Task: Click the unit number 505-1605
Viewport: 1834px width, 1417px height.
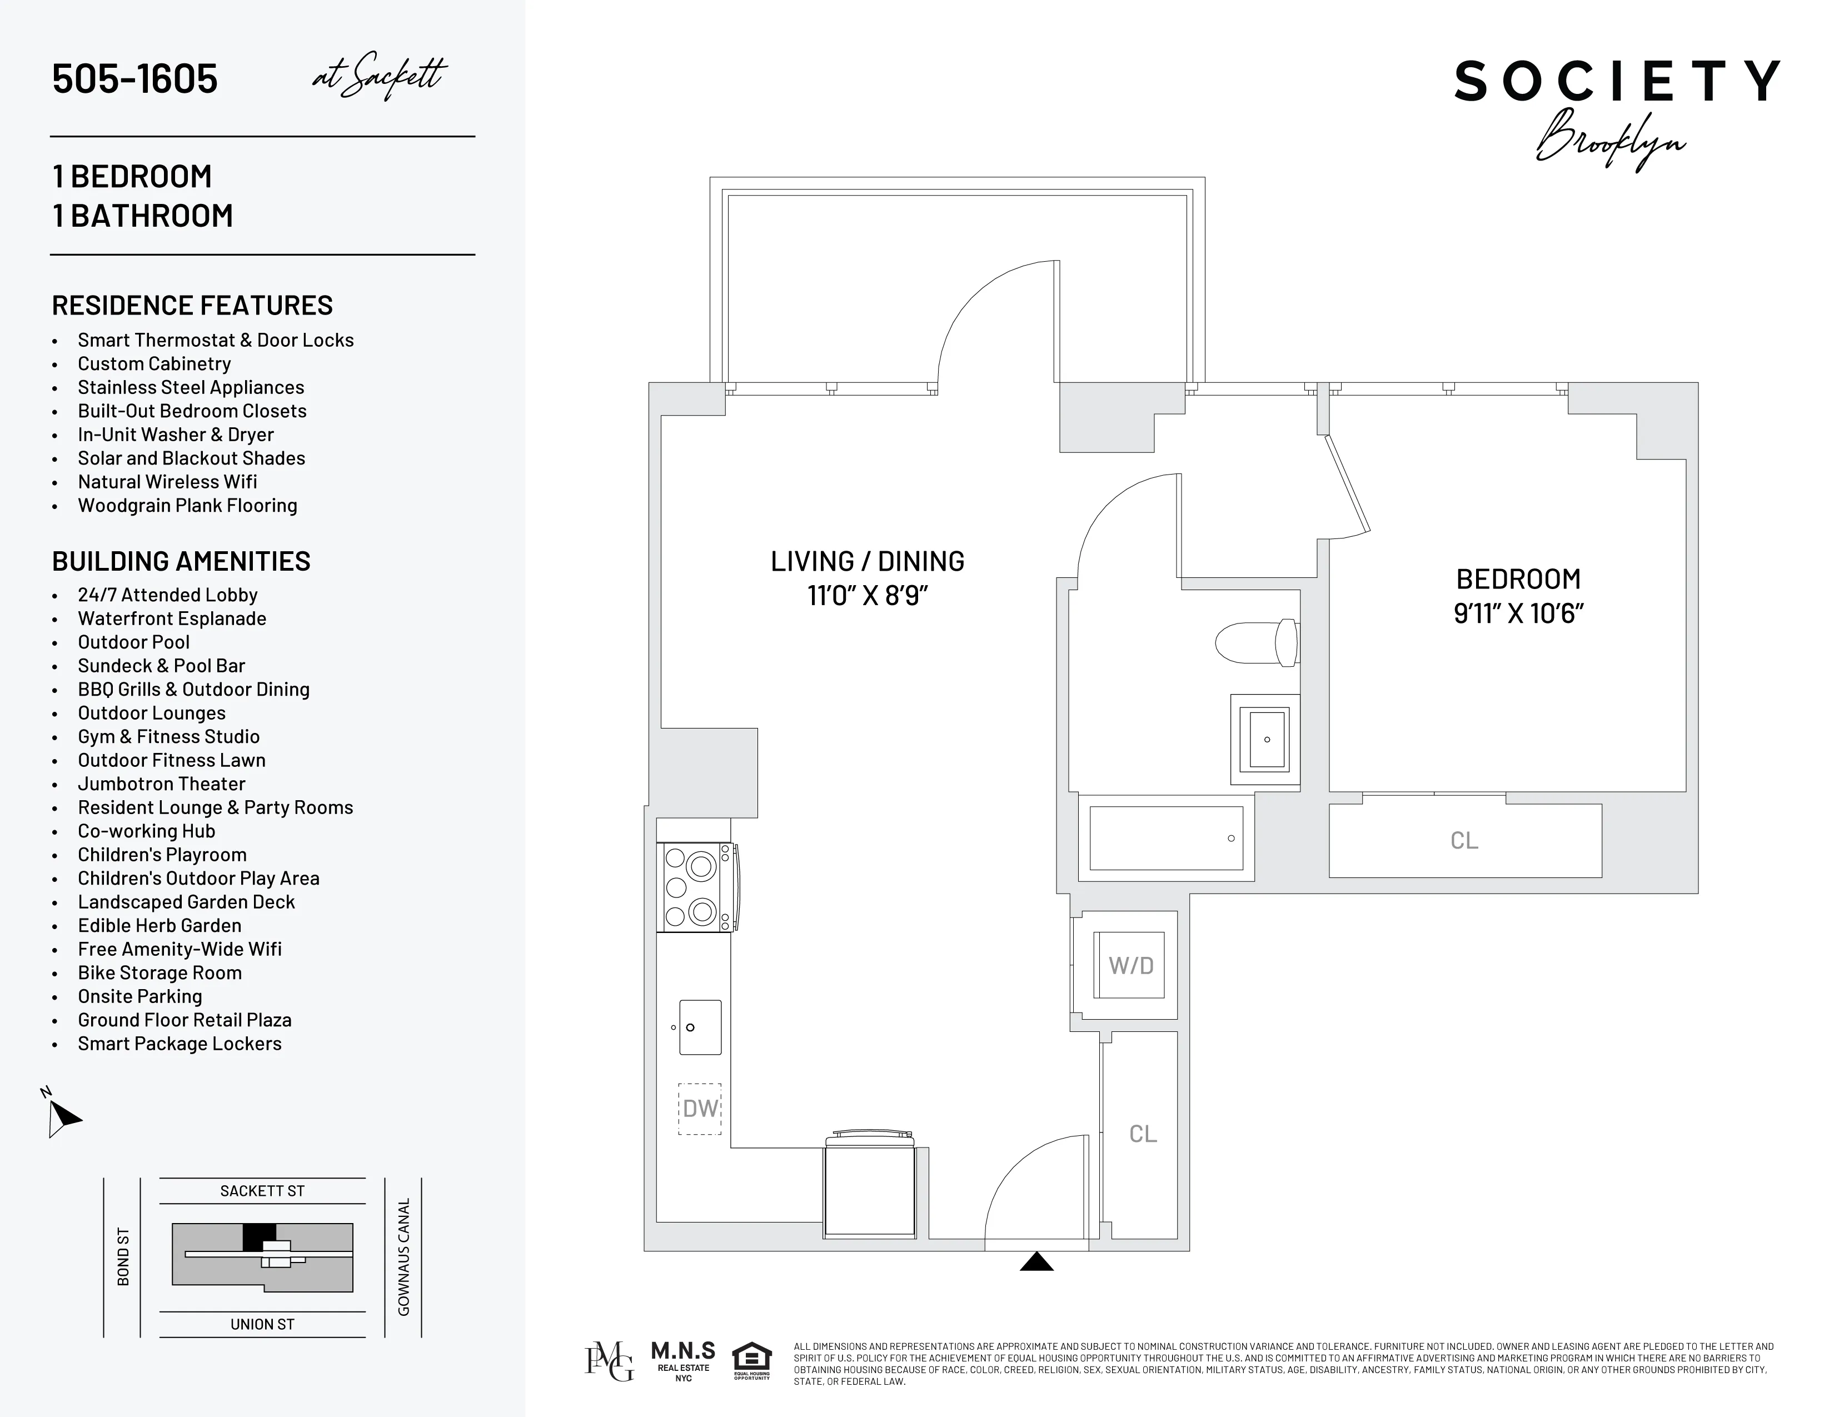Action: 134,79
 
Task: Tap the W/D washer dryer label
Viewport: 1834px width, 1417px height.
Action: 1130,965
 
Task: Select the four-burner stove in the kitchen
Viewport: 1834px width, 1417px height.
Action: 695,887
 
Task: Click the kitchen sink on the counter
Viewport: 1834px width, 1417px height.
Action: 700,1027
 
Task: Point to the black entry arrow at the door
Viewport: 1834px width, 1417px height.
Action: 1036,1262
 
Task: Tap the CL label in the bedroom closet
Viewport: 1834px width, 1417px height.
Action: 1464,840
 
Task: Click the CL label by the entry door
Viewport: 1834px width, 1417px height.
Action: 1142,1134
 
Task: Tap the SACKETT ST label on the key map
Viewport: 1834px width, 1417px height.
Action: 262,1191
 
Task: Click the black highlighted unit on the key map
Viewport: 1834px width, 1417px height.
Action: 258,1236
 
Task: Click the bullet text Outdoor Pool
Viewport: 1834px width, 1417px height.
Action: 133,642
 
